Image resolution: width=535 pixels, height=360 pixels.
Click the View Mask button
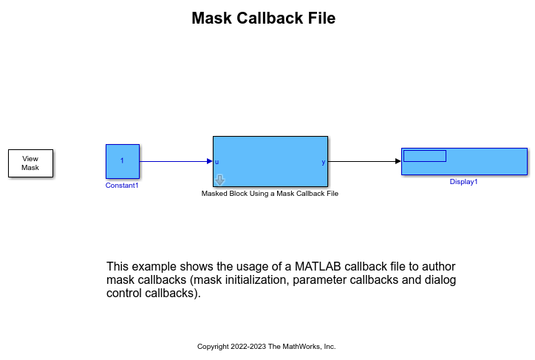click(x=31, y=163)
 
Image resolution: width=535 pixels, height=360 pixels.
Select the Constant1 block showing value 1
click(x=123, y=161)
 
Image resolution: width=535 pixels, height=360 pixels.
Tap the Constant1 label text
click(x=122, y=186)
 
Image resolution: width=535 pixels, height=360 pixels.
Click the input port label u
click(x=217, y=162)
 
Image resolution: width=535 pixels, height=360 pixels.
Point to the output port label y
click(x=323, y=162)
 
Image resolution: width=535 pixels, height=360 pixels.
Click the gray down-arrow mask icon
click(x=219, y=180)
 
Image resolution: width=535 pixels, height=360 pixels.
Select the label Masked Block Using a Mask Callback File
click(x=270, y=194)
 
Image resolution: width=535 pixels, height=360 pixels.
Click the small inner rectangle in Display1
click(x=425, y=156)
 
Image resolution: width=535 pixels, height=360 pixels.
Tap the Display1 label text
click(x=463, y=182)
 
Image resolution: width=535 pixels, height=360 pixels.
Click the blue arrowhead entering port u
click(x=210, y=161)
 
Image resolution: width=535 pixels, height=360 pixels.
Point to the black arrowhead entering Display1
click(x=398, y=161)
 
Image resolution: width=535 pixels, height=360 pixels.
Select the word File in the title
click(x=321, y=18)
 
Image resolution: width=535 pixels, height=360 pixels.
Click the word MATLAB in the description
click(x=318, y=266)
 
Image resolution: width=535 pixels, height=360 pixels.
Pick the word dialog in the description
click(x=440, y=280)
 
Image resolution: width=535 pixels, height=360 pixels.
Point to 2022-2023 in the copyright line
click(x=248, y=347)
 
